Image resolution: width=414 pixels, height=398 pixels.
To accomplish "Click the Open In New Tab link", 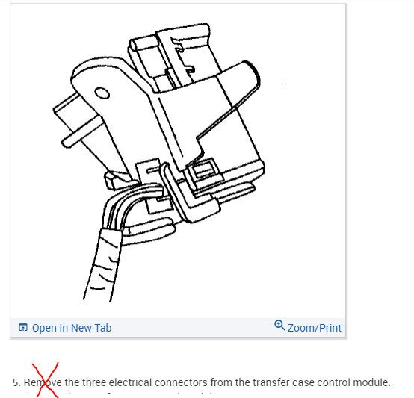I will [71, 328].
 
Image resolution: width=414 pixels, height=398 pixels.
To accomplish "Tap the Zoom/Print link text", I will [314, 328].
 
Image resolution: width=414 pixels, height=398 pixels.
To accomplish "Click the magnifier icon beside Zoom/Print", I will [279, 326].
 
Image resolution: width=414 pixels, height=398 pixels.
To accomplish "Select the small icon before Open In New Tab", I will [23, 328].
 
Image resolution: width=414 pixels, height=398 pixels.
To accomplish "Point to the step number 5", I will [16, 382].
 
